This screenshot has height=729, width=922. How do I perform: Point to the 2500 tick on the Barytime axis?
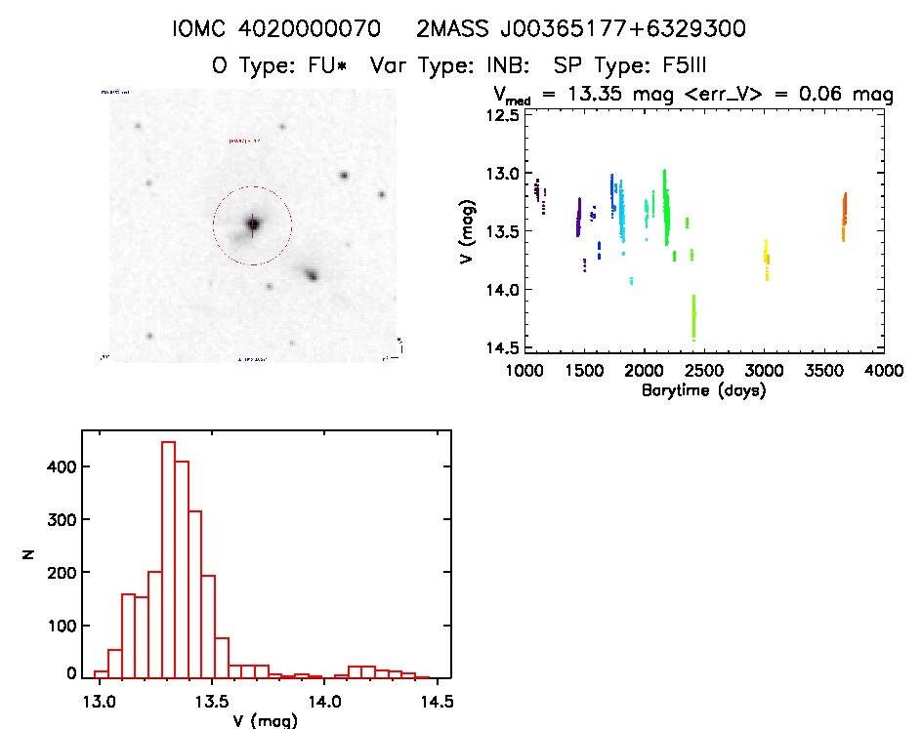pos(704,371)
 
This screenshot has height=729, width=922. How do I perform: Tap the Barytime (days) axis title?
pos(703,389)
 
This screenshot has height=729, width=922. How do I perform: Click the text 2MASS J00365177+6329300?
pos(581,30)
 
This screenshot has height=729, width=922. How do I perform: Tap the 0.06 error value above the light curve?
pos(829,96)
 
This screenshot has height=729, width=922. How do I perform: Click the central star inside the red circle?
pos(253,224)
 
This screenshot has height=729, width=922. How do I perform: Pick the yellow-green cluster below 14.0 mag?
pos(693,317)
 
